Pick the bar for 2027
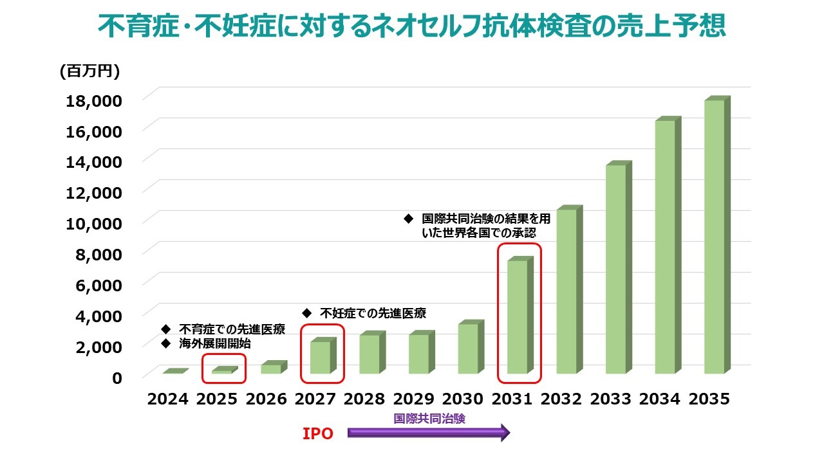click(x=320, y=357)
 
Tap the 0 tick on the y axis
click(x=117, y=378)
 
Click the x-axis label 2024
click(x=167, y=399)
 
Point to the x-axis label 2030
click(x=463, y=399)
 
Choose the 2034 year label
click(x=660, y=399)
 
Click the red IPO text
click(x=318, y=434)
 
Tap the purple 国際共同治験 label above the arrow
click(x=429, y=418)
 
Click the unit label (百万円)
click(x=89, y=72)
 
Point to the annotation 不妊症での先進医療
click(x=373, y=313)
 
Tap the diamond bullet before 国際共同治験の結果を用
click(x=407, y=219)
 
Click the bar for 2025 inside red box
click(x=221, y=371)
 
